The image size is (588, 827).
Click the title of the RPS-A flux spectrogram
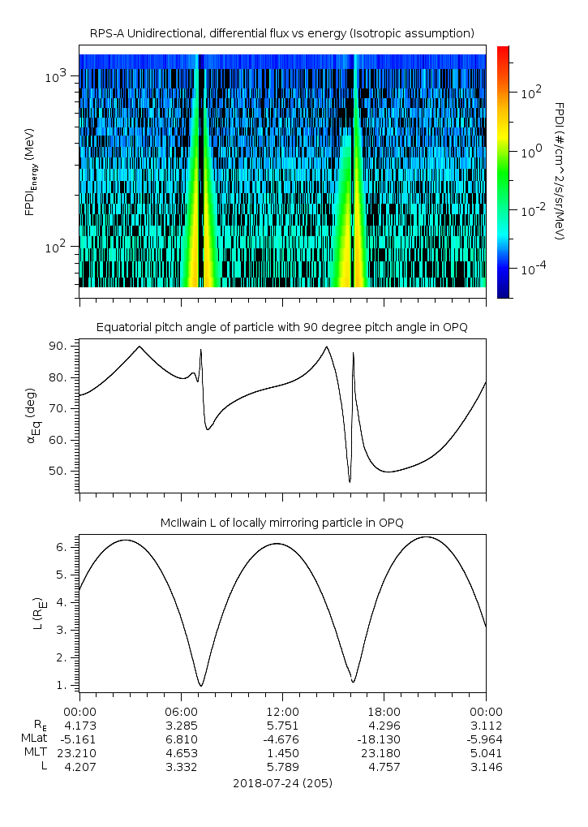[281, 32]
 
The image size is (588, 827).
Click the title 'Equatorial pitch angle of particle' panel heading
[281, 327]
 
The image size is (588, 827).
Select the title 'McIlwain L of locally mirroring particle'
[281, 521]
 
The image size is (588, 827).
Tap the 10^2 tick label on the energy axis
[59, 247]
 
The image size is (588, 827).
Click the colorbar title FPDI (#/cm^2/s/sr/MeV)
[560, 170]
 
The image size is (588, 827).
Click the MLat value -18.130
[384, 739]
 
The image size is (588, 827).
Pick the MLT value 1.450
[282, 752]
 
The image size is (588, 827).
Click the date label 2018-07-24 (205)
[282, 783]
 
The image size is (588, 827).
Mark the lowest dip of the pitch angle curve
[350, 482]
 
